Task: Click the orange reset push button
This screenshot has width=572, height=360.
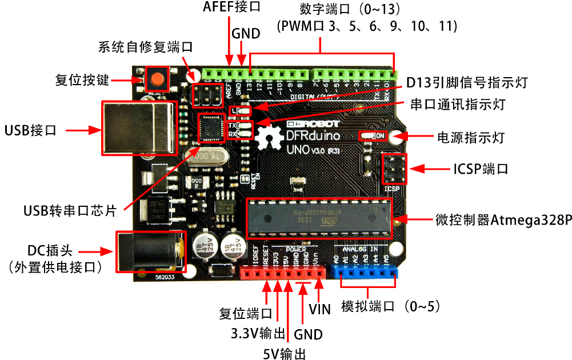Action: pos(155,78)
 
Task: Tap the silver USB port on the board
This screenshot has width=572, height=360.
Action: pos(137,128)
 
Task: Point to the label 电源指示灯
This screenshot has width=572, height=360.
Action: pos(470,137)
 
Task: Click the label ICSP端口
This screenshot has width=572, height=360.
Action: pos(481,169)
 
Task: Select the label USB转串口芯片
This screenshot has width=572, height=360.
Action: pos(70,210)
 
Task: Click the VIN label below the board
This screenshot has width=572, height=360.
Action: pos(319,309)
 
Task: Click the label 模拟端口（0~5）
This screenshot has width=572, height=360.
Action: pos(391,306)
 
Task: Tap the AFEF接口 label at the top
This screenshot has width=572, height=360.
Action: pos(231,7)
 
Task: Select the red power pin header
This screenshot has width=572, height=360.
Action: pos(282,273)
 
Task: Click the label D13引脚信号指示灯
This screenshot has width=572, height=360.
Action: pos(466,83)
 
